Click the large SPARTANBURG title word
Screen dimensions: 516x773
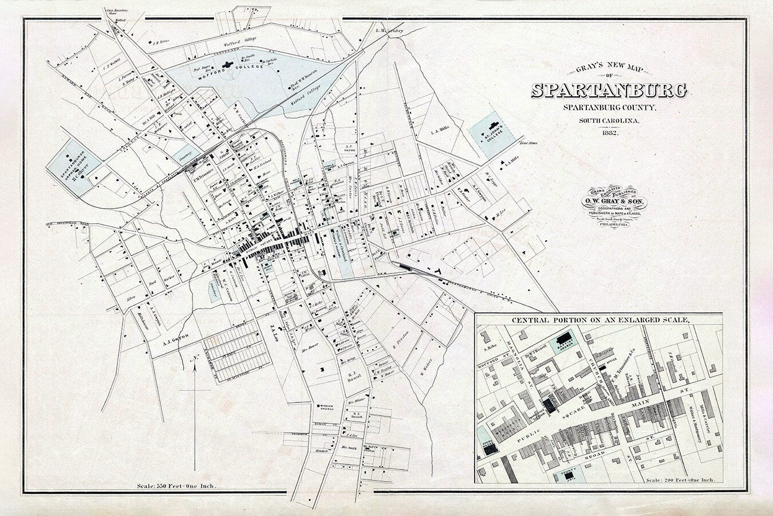(610, 91)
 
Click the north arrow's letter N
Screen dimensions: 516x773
(195, 359)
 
